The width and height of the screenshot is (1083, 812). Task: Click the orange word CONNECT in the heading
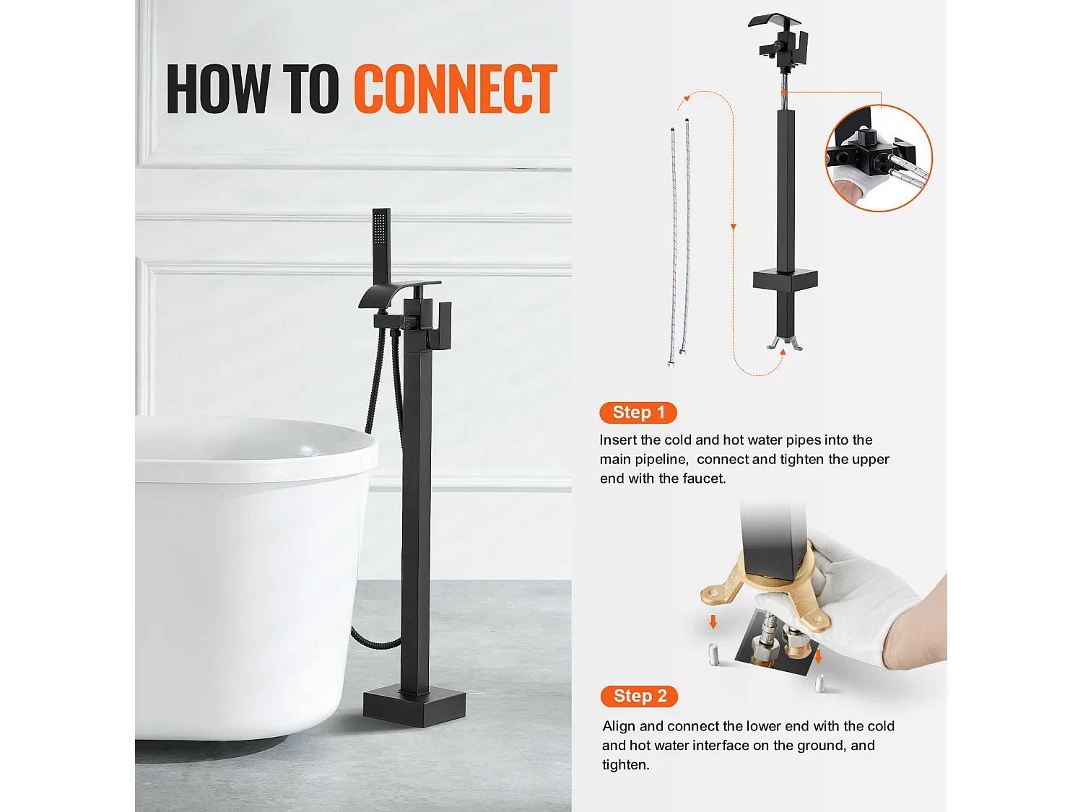[x=456, y=90]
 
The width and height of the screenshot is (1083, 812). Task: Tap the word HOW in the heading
[x=218, y=90]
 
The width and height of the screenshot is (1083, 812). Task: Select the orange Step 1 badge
[x=638, y=412]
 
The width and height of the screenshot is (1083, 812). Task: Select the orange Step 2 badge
[x=639, y=696]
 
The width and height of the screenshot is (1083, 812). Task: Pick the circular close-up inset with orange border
[x=879, y=158]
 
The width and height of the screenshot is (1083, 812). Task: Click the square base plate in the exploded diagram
[x=785, y=280]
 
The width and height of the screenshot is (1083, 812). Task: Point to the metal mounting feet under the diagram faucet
[x=785, y=343]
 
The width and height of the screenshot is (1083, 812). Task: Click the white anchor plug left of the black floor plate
[x=714, y=655]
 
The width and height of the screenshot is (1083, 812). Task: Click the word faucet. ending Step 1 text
[x=704, y=479]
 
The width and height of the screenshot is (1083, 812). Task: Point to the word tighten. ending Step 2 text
[x=626, y=765]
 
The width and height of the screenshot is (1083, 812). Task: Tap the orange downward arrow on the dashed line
[x=733, y=227]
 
